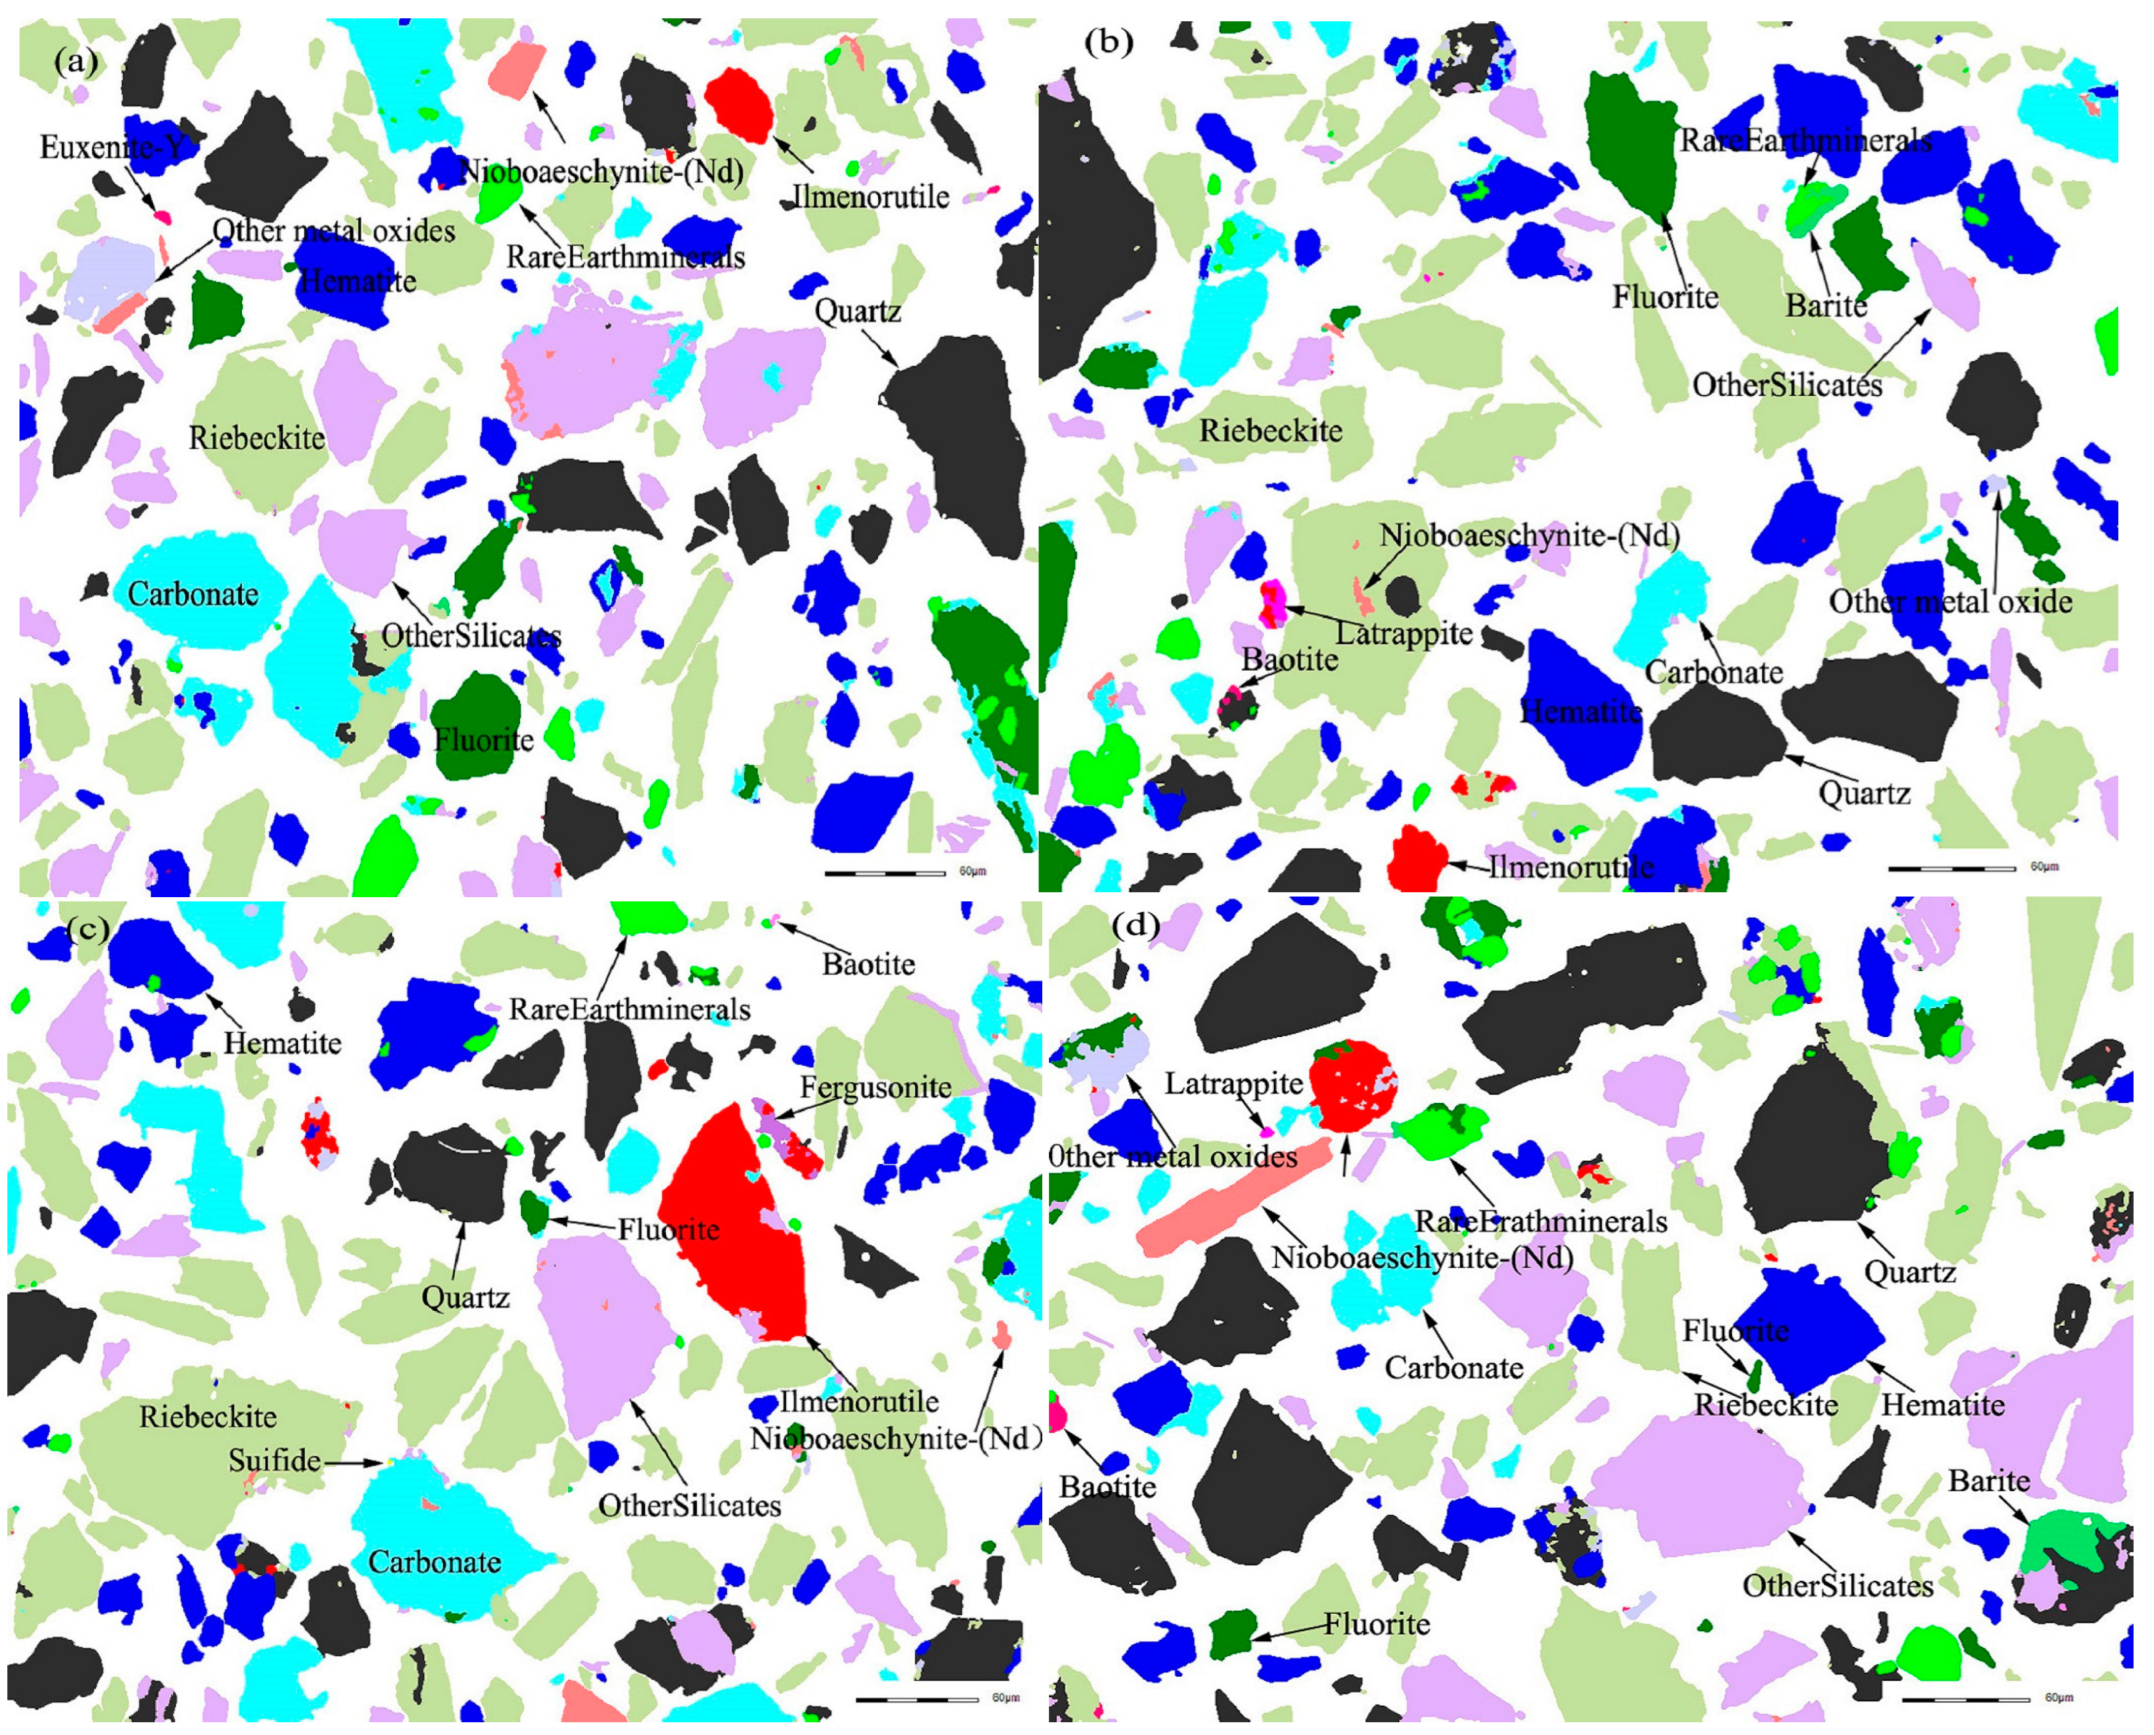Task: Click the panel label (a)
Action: pos(76,63)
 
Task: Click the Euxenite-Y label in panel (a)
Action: pos(112,148)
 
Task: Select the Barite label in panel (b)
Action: pos(1826,305)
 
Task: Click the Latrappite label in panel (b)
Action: pos(1405,633)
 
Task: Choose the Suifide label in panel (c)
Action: pos(274,1460)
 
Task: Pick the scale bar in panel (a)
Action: pos(885,872)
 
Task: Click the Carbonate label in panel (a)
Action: pos(193,594)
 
